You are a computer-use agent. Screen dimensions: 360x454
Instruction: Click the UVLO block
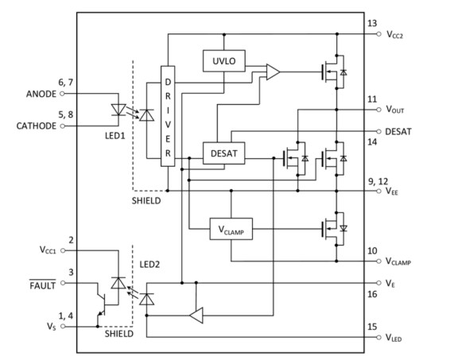[x=223, y=60]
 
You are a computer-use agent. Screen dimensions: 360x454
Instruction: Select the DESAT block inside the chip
[x=223, y=150]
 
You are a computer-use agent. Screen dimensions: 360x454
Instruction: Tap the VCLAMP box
[x=230, y=230]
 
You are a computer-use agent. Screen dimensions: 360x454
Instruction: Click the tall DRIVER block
[x=167, y=115]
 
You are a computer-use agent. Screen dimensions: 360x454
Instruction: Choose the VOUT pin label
[x=398, y=110]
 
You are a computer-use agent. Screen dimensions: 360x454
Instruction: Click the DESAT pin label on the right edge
[x=399, y=131]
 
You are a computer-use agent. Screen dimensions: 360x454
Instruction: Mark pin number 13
[x=372, y=24]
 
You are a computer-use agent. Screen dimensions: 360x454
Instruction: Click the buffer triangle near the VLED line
[x=196, y=315]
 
